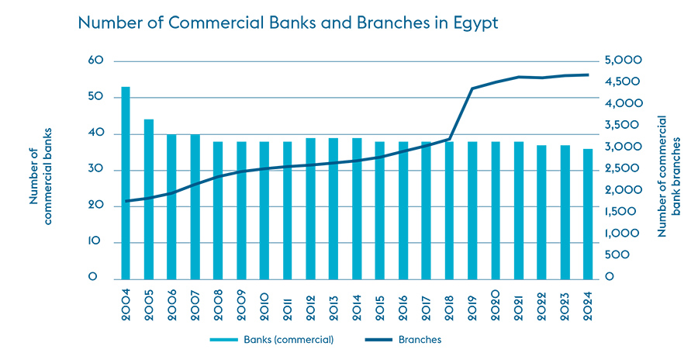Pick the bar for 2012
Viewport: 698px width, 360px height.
pos(310,209)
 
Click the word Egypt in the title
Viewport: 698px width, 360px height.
pos(472,24)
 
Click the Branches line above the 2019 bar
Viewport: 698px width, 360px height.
pos(472,88)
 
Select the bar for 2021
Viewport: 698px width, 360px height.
pos(519,210)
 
